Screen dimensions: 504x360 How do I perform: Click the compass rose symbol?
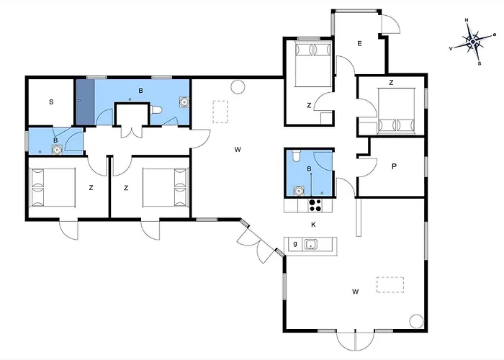tap(473, 42)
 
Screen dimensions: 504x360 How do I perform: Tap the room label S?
tap(51, 102)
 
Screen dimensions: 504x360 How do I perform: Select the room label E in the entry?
tap(359, 43)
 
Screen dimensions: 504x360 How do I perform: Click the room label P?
tap(394, 166)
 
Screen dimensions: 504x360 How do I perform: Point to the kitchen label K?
tap(313, 225)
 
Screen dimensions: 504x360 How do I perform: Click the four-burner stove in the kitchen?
tap(315, 205)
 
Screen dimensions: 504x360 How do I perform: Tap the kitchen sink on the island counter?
tap(311, 244)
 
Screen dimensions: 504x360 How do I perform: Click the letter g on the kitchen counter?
tap(295, 243)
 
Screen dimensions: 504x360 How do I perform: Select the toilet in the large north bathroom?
tap(156, 110)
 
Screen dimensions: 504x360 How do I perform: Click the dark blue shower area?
tap(85, 102)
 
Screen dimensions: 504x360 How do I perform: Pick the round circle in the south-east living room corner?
tap(417, 321)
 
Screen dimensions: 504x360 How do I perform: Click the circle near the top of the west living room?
tap(238, 87)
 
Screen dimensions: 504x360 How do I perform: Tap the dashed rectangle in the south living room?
tap(390, 285)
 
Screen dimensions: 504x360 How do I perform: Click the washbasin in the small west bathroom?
tap(57, 150)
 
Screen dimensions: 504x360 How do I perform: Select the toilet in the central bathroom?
tap(297, 156)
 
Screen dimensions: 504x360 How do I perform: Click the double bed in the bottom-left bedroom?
tap(53, 188)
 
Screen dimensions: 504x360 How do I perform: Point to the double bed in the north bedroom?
tap(313, 64)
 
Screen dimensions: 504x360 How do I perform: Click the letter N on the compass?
tap(467, 20)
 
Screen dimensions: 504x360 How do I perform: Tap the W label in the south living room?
tap(355, 292)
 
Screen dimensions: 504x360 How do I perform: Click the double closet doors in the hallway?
tap(132, 132)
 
